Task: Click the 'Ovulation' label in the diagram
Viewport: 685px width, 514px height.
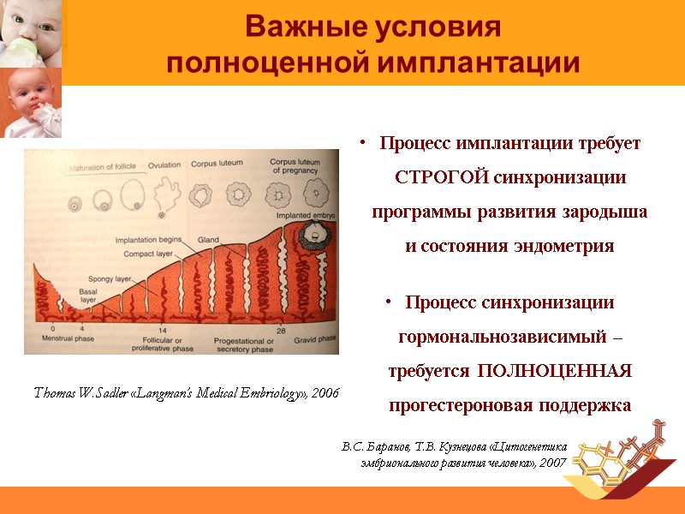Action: pyautogui.click(x=164, y=164)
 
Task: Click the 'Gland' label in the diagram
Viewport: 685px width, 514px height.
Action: pyautogui.click(x=208, y=239)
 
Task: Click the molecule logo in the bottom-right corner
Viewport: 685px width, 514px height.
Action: pyautogui.click(x=623, y=456)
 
